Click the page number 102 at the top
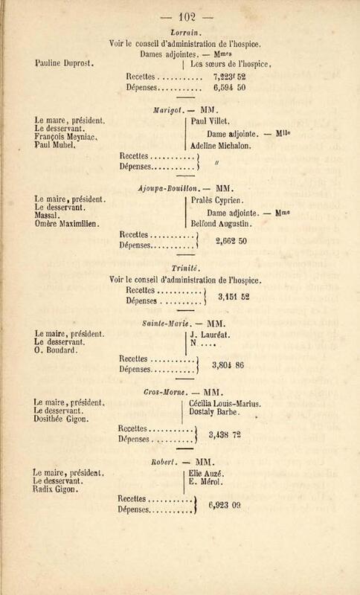(x=187, y=17)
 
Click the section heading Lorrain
(x=183, y=33)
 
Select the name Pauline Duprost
(x=64, y=63)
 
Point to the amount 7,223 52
(x=229, y=77)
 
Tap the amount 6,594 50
(x=229, y=87)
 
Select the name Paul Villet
(x=210, y=121)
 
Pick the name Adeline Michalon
(x=221, y=145)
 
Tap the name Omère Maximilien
(x=67, y=224)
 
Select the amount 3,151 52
(x=234, y=297)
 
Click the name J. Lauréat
(x=210, y=335)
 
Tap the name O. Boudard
(x=56, y=350)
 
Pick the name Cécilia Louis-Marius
(x=225, y=404)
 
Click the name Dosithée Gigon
(x=61, y=419)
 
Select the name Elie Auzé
(x=206, y=474)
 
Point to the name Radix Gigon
(x=56, y=489)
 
